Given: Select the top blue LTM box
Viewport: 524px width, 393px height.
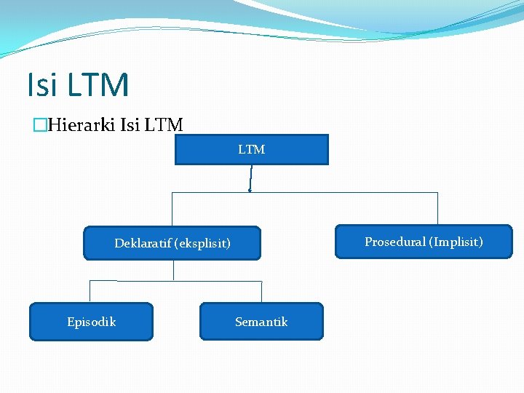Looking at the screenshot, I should (252, 150).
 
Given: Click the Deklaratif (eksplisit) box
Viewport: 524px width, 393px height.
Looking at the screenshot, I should (172, 243).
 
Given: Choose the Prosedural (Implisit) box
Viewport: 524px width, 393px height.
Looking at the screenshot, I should (424, 242).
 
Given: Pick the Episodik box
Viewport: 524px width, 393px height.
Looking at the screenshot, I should (91, 322).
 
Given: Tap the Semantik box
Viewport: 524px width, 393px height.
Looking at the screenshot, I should (261, 322).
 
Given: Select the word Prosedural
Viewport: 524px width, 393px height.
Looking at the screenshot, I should (395, 242).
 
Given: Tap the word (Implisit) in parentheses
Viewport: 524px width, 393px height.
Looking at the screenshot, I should (456, 242).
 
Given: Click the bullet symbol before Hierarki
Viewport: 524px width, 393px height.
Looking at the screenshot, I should (40, 126).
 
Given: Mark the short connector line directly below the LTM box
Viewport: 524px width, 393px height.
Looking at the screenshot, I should (250, 178).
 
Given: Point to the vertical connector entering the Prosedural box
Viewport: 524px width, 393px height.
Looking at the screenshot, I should (437, 209).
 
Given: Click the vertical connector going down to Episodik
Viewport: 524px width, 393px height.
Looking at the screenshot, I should (90, 291).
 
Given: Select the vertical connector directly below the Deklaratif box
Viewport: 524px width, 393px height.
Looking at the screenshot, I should (174, 270).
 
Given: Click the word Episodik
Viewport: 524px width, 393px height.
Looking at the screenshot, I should (91, 322).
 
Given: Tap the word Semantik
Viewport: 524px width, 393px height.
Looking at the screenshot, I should (261, 322).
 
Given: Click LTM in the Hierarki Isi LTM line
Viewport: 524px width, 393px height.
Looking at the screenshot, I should (164, 125).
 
